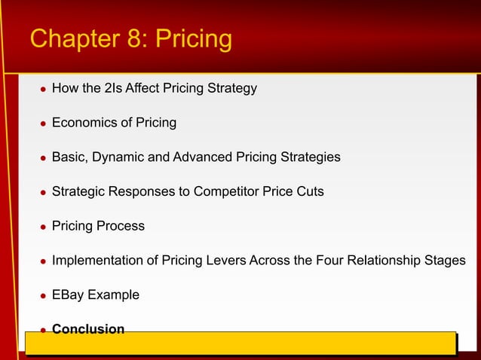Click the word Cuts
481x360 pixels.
(309, 191)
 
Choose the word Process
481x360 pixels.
(121, 226)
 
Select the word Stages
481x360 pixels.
(445, 261)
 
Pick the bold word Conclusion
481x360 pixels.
(88, 329)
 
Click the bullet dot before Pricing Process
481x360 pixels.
(42, 227)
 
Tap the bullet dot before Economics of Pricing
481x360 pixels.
(42, 124)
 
